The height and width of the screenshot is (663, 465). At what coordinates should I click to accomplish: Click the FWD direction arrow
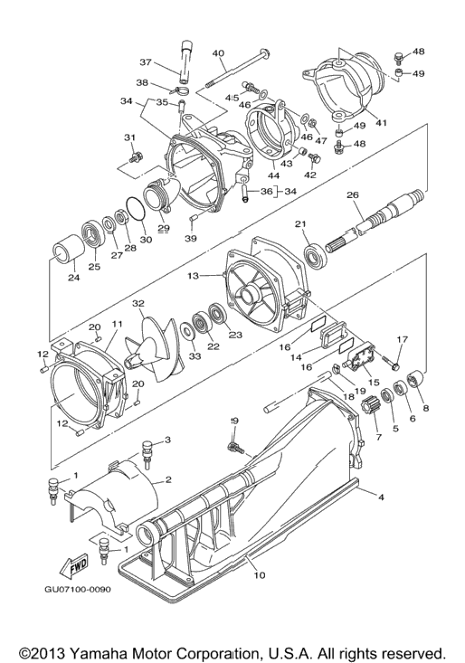point(73,565)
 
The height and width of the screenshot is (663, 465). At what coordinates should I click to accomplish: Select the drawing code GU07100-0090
point(78,589)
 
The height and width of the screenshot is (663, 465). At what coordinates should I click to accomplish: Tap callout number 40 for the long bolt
point(218,53)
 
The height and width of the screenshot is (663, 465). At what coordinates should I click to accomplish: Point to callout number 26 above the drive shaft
point(353,195)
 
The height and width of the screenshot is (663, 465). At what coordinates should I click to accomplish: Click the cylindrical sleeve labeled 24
point(66,252)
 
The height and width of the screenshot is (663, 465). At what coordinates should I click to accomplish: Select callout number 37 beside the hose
point(146,62)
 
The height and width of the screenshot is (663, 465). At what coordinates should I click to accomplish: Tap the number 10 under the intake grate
point(260,575)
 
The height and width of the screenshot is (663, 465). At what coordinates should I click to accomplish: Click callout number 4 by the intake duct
point(381,497)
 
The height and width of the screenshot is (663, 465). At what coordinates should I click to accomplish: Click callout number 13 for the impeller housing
point(194,276)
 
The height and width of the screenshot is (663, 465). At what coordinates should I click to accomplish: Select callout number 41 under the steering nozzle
point(381,123)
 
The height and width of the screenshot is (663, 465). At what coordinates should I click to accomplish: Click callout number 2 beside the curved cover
point(168,479)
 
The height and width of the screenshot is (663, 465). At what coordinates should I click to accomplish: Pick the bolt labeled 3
point(147,453)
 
